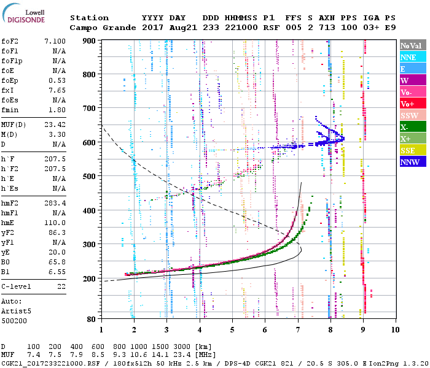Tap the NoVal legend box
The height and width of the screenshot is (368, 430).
(x=412, y=45)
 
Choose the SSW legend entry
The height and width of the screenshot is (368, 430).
(x=412, y=115)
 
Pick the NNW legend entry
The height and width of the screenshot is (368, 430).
(x=412, y=162)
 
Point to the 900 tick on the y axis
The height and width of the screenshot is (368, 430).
(x=90, y=40)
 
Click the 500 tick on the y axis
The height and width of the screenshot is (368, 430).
(x=90, y=176)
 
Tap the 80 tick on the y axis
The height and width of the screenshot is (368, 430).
(x=92, y=319)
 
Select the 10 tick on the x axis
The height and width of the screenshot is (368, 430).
(x=393, y=329)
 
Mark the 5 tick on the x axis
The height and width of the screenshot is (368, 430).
(x=232, y=329)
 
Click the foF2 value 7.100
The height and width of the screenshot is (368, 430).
(x=55, y=40)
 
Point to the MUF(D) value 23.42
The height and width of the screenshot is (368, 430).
(x=55, y=125)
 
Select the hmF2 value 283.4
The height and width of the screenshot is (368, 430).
(x=55, y=202)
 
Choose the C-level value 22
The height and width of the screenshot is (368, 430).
(x=60, y=286)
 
